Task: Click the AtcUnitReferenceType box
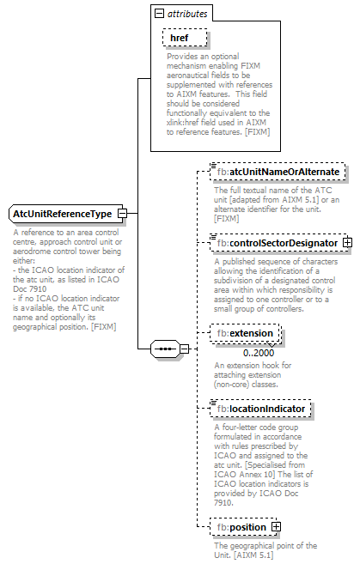[x=62, y=213]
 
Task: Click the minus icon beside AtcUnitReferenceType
[x=123, y=213]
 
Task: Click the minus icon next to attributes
[x=157, y=14]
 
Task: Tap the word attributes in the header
[x=186, y=14]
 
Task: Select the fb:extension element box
[x=244, y=333]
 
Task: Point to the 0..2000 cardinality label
[x=258, y=353]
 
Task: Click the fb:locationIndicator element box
[x=265, y=409]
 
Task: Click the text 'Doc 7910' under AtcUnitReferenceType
[x=31, y=288]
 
